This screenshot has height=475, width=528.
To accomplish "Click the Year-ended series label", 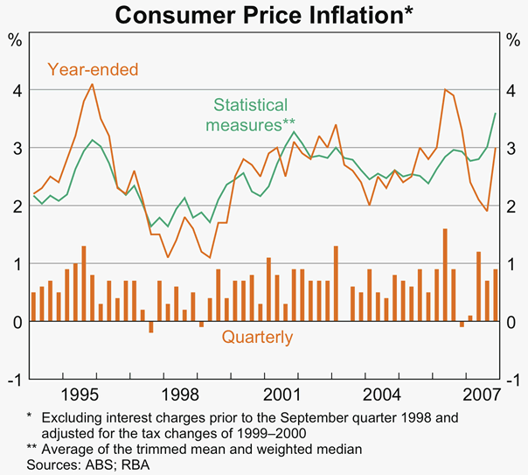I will click(x=93, y=68).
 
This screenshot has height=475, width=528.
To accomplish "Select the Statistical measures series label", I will click(x=252, y=115).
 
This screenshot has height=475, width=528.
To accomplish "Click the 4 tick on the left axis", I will click(x=16, y=90).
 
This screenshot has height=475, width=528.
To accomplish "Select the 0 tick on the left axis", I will click(x=16, y=321).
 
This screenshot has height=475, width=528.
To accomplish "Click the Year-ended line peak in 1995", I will click(x=93, y=84).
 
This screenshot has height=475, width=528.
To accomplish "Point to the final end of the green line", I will click(x=496, y=114).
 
